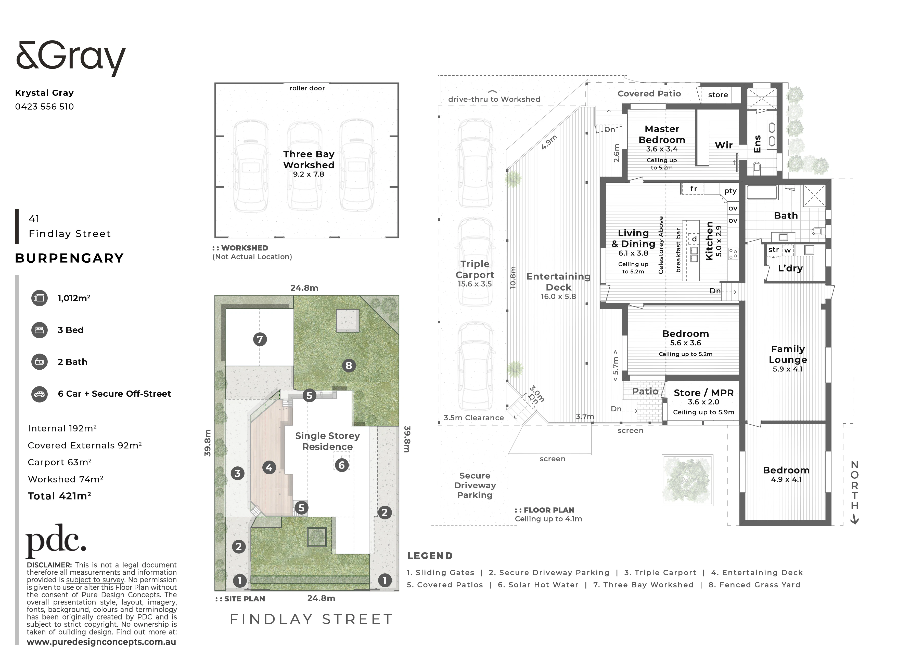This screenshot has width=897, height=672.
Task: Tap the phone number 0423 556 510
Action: (45, 106)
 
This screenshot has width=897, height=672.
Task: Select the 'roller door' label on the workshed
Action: (307, 88)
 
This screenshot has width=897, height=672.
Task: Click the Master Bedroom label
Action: (662, 134)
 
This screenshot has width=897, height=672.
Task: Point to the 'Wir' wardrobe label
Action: (723, 145)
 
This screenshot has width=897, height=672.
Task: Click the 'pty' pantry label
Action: (730, 191)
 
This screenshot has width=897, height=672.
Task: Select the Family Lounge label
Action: (788, 354)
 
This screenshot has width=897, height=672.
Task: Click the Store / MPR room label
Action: (703, 393)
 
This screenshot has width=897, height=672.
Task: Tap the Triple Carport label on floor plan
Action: (475, 269)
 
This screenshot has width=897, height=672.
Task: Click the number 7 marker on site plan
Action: (260, 339)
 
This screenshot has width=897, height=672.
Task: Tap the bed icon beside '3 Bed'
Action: (39, 330)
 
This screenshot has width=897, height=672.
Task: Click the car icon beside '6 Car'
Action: (39, 394)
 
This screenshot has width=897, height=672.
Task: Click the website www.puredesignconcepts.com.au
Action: (101, 642)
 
